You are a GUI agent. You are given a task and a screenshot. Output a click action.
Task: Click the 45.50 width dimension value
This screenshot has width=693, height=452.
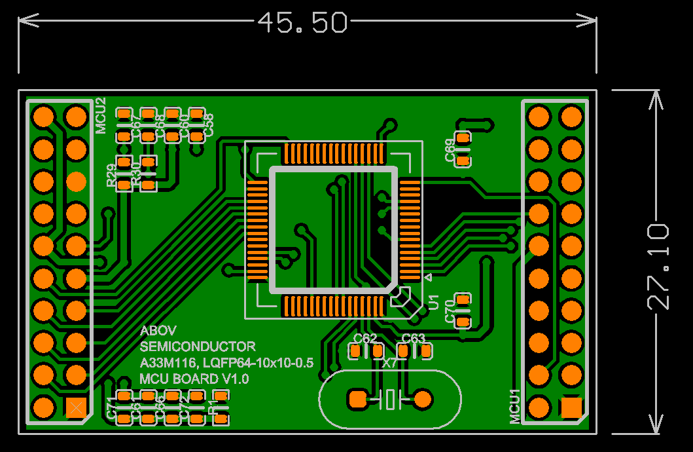[302, 23]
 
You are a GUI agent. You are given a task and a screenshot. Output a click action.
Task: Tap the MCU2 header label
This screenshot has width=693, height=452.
[100, 115]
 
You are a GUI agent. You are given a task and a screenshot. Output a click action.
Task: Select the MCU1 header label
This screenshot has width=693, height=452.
[515, 406]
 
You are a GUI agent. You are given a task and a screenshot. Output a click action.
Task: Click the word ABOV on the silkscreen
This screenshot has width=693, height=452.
[158, 331]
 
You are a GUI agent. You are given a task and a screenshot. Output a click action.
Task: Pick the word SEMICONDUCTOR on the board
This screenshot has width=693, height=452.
[198, 347]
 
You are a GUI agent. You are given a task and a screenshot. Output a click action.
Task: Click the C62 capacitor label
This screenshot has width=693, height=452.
[365, 338]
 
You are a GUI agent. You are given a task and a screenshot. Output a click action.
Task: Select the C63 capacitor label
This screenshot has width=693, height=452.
[414, 338]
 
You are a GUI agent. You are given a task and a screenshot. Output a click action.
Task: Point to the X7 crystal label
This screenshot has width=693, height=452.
[389, 362]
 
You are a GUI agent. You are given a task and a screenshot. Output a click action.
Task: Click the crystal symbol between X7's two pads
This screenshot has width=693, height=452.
[390, 399]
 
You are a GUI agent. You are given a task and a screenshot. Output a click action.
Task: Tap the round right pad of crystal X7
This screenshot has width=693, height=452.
[423, 398]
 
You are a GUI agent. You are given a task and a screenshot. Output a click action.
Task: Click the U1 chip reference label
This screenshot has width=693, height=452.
[433, 302]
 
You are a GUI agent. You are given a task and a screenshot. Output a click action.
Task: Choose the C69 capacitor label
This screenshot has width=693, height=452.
[450, 150]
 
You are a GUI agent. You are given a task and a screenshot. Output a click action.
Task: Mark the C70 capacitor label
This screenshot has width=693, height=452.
[450, 310]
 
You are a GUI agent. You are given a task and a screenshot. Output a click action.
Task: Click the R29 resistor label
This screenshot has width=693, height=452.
[111, 176]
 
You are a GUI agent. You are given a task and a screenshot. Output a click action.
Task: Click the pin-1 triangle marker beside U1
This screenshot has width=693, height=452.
[428, 278]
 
